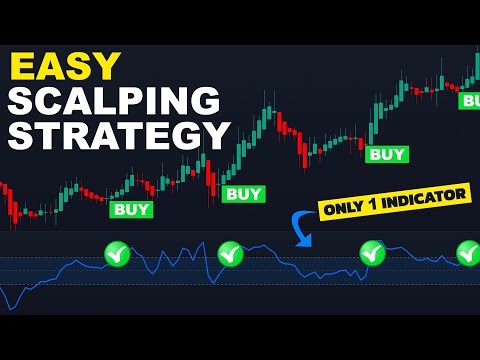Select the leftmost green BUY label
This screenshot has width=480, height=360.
pos(132,209)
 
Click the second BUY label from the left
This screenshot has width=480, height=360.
pos(243,193)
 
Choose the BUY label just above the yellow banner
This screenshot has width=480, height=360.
pos(387,154)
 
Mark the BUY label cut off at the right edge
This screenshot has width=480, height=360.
pos(469,100)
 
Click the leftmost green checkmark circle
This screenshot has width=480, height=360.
pos(118,255)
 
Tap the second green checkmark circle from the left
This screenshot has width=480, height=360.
pos(230,254)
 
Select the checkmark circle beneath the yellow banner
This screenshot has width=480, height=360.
pos(372,253)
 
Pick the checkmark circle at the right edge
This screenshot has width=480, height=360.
pos(468,252)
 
